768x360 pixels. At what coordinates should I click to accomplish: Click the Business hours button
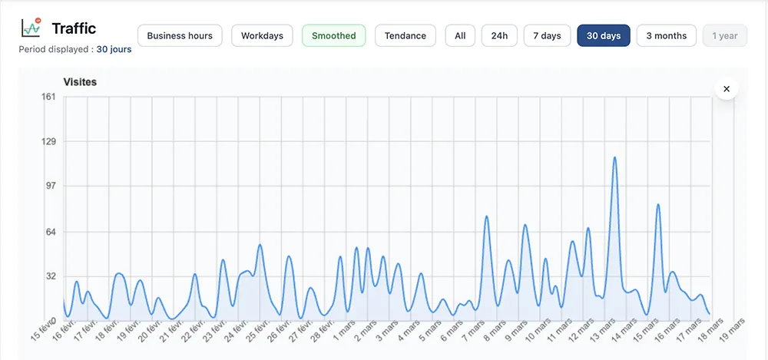pyautogui.click(x=180, y=36)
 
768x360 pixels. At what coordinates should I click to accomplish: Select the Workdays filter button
pyautogui.click(x=262, y=36)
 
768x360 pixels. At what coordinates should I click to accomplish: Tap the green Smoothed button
pyautogui.click(x=333, y=36)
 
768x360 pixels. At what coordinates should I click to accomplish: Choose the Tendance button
pyautogui.click(x=405, y=36)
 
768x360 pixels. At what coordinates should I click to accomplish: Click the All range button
pyautogui.click(x=460, y=36)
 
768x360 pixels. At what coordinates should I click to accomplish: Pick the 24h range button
pyautogui.click(x=499, y=36)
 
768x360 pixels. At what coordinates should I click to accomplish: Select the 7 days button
pyautogui.click(x=547, y=36)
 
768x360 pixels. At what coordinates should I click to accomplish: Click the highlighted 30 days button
pyautogui.click(x=604, y=36)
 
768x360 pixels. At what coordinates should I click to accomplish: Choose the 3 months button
pyautogui.click(x=667, y=36)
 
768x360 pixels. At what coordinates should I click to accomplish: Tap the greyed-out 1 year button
pyautogui.click(x=724, y=36)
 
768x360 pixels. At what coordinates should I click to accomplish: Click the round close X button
pyautogui.click(x=726, y=89)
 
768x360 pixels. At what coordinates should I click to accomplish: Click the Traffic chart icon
pyautogui.click(x=31, y=28)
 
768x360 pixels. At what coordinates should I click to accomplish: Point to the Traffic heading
pyautogui.click(x=74, y=28)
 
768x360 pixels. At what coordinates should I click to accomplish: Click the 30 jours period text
pyautogui.click(x=114, y=50)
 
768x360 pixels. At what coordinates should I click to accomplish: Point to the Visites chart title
pyautogui.click(x=79, y=81)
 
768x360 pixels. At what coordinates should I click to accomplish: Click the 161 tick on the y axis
pyautogui.click(x=48, y=97)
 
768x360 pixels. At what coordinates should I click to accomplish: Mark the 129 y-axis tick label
pyautogui.click(x=48, y=142)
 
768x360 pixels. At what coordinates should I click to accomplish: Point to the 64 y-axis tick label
pyautogui.click(x=50, y=232)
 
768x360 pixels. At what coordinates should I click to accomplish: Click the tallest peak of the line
pyautogui.click(x=614, y=157)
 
